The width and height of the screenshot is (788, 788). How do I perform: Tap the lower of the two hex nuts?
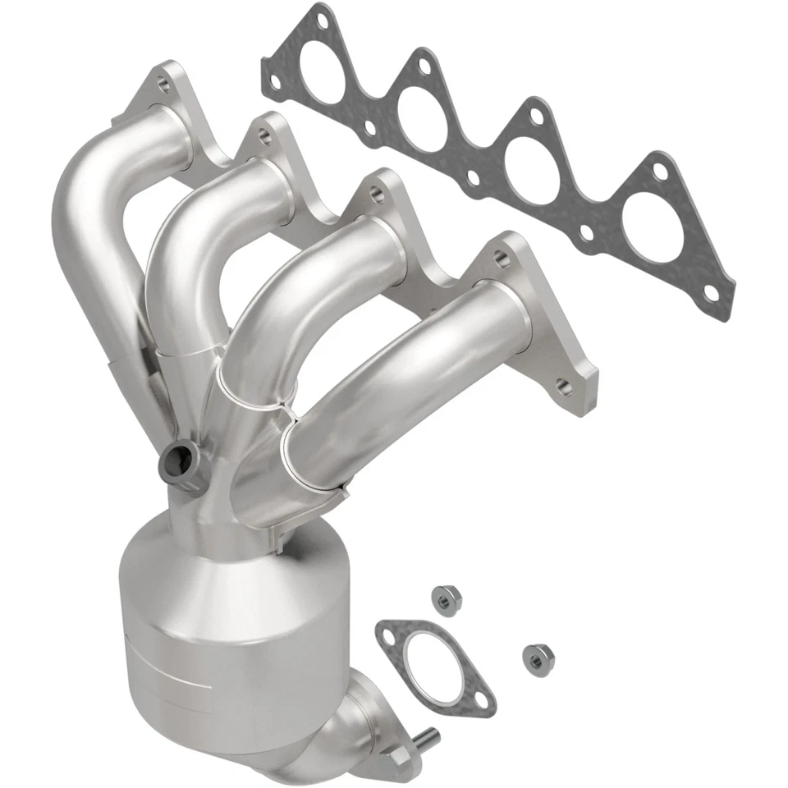click(535, 656)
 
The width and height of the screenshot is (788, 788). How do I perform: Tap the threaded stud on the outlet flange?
click(428, 740)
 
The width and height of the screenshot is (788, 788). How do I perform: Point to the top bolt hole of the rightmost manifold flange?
click(500, 257)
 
